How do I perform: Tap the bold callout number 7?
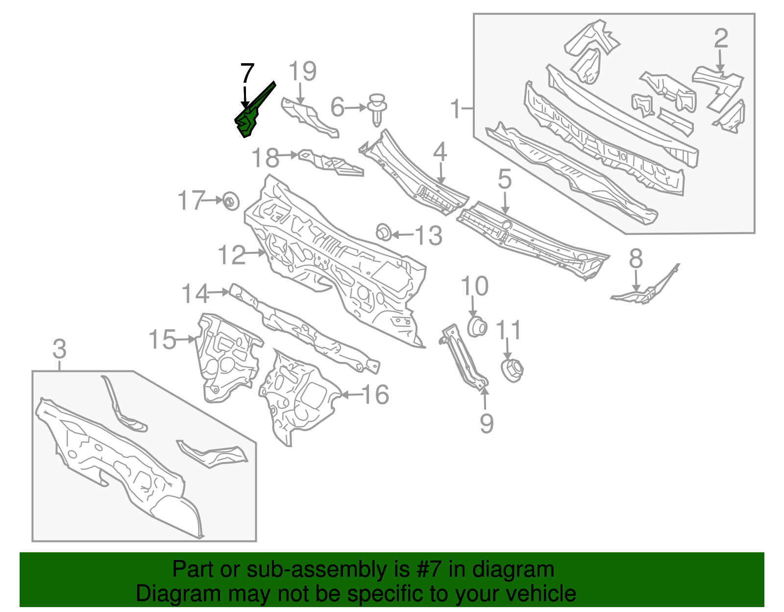tap(247, 73)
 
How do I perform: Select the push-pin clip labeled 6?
tap(376, 108)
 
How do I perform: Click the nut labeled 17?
tap(230, 201)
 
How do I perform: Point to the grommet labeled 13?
tap(384, 232)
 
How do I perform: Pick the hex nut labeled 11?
tap(512, 370)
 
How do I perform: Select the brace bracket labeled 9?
tap(464, 358)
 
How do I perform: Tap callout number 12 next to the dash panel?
tap(231, 255)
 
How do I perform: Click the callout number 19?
tap(302, 72)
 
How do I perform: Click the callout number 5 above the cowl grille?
tap(504, 179)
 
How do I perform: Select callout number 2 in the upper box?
tap(720, 39)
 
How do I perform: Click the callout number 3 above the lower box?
tap(59, 350)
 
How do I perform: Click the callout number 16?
tap(375, 394)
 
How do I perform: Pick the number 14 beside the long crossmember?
tap(195, 294)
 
